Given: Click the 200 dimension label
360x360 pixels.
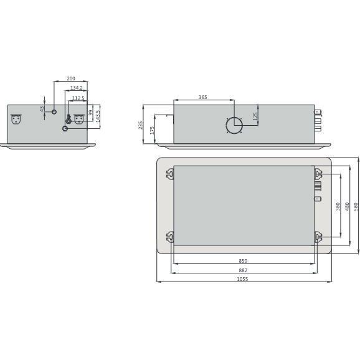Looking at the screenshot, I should point(70,79).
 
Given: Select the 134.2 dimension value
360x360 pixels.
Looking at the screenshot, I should point(77,88).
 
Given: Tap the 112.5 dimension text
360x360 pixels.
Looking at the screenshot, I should point(78,98).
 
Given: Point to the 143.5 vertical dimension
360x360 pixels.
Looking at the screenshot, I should point(97,116).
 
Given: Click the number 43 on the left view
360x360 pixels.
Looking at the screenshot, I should point(42,108).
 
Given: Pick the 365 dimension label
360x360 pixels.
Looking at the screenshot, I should point(203,97).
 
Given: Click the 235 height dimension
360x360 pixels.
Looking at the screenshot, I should point(141,125).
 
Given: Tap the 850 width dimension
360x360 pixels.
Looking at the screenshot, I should point(243,260).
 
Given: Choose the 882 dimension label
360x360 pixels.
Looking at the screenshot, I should point(243,270).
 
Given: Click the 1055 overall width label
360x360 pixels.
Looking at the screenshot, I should point(243,279).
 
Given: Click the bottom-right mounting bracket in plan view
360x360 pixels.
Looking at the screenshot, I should point(318,236).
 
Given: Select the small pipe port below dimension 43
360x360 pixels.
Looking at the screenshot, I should point(54,112).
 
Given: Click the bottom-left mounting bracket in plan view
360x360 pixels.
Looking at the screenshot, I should point(170,236).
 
